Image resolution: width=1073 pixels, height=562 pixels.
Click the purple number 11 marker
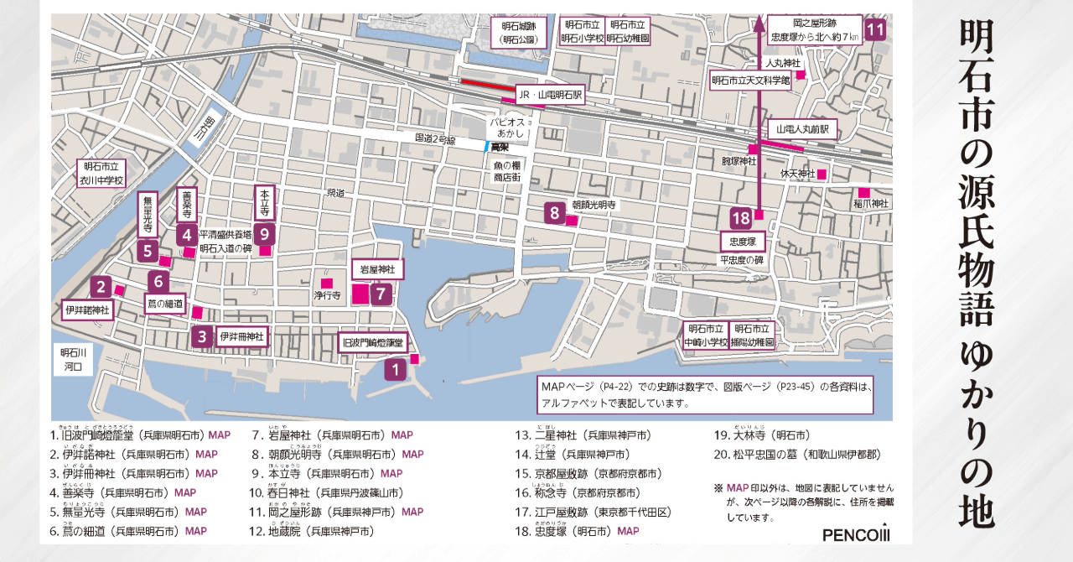(x=875, y=30)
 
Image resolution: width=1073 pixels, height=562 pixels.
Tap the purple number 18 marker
(x=740, y=218)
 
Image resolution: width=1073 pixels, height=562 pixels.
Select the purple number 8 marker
(x=554, y=212)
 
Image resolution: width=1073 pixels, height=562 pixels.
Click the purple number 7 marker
(x=381, y=294)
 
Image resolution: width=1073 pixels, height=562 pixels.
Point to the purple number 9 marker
(x=263, y=233)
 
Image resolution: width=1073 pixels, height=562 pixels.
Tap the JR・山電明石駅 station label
(x=549, y=96)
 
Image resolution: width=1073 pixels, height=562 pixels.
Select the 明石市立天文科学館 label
(x=750, y=81)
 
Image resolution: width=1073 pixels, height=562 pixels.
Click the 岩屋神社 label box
(x=376, y=269)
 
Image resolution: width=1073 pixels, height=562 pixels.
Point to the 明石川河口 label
(x=75, y=360)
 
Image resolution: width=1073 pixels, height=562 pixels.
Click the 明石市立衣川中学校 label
(x=101, y=174)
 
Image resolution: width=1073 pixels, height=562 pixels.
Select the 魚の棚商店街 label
(x=506, y=172)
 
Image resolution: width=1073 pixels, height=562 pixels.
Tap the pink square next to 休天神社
(x=822, y=174)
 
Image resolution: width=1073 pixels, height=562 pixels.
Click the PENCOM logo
(x=855, y=534)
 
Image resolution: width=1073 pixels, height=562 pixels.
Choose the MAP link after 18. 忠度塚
(x=628, y=531)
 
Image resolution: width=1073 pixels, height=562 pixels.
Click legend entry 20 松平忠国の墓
(x=796, y=455)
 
